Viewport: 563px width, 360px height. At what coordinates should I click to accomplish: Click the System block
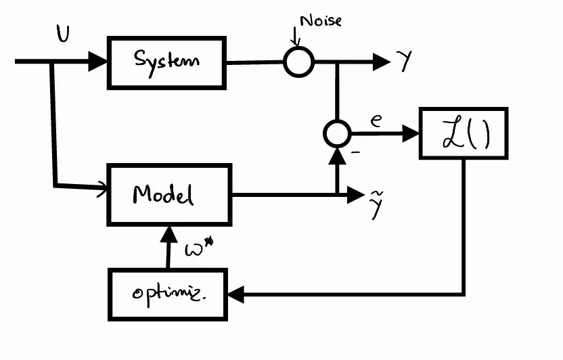pos(166,63)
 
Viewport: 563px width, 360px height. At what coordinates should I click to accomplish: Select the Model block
pos(169,195)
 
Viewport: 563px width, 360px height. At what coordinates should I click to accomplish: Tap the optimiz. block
pos(168,294)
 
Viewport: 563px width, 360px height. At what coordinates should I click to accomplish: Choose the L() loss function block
pos(464,133)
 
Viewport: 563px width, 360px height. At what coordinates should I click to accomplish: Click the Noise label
pos(320,21)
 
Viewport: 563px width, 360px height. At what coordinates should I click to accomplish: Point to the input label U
pos(63,34)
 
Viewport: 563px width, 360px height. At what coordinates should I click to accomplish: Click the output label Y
pos(404,61)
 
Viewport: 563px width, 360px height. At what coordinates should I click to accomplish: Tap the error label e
pos(376,121)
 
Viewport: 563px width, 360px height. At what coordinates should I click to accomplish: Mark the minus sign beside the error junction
pos(355,153)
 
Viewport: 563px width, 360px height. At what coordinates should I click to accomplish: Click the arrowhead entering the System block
pos(98,62)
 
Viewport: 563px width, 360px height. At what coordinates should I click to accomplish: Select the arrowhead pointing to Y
pos(382,62)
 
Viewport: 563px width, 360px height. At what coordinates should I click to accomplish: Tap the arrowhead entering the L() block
pos(411,133)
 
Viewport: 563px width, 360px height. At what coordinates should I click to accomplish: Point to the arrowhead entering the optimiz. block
pos(236,294)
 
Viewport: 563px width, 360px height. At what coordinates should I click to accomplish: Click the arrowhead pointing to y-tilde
pos(356,195)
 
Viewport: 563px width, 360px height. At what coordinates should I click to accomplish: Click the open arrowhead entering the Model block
pos(102,187)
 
